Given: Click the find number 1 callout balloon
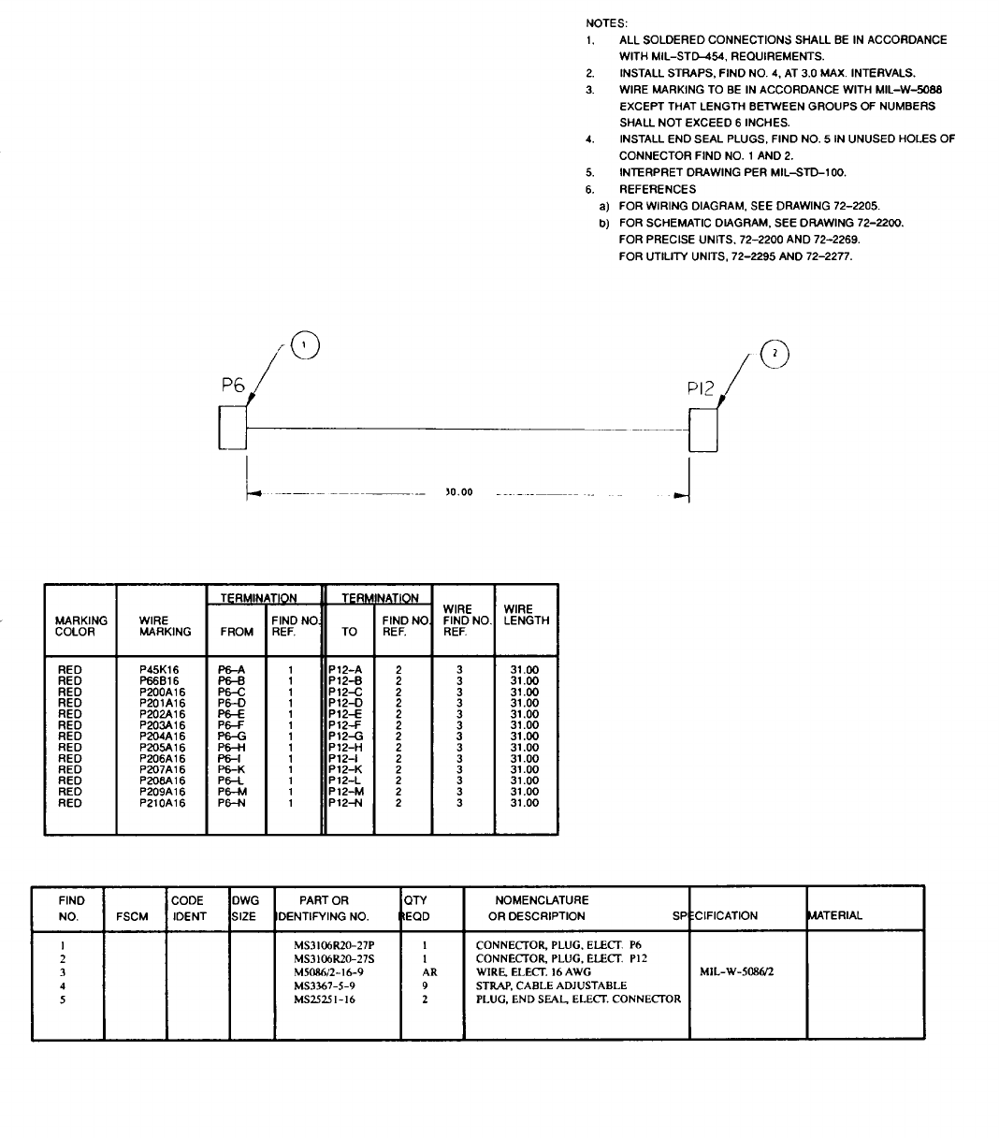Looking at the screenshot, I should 303,345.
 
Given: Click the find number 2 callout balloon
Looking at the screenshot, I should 776,354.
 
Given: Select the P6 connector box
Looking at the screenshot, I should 232,428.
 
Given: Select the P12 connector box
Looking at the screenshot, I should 703,429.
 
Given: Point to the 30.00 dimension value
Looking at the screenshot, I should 458,492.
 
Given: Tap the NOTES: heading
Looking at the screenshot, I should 607,22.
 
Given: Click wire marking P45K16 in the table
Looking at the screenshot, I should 159,670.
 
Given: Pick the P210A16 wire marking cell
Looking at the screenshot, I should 163,803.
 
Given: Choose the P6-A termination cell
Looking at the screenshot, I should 231,670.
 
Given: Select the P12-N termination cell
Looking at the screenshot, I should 345,803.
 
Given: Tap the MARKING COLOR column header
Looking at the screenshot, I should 80,626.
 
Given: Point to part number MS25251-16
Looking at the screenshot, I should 324,999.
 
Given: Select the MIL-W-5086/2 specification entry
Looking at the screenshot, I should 736,971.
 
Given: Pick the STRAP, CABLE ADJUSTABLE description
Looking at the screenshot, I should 551,985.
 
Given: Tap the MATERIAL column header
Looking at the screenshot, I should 835,915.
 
